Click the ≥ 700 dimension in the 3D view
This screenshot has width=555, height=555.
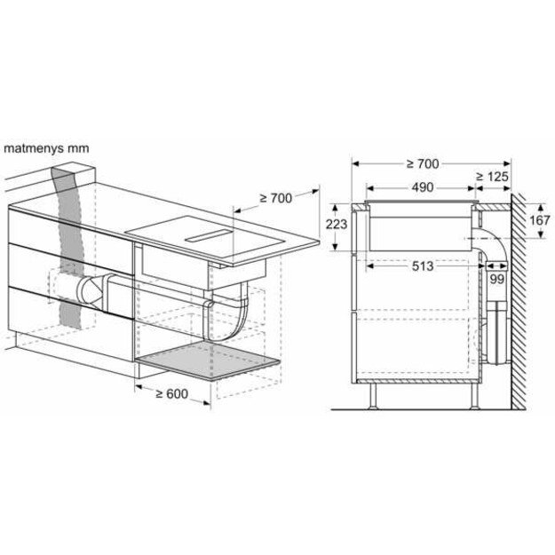274,198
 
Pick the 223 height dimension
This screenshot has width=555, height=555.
336,225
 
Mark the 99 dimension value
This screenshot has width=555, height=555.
497,280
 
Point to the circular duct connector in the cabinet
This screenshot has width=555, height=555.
91,289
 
